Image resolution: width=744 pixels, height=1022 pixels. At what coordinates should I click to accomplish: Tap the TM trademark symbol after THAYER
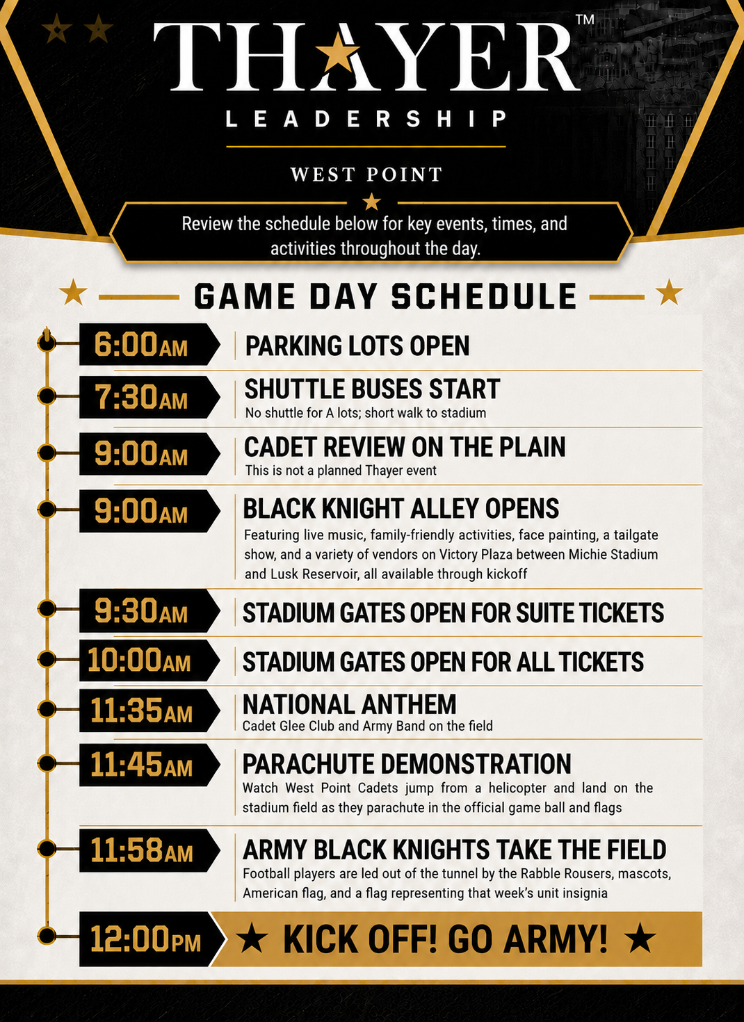(x=585, y=19)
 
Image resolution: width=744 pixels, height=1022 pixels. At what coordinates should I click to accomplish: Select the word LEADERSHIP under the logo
(x=366, y=119)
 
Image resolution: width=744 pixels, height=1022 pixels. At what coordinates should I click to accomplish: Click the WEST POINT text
(x=366, y=175)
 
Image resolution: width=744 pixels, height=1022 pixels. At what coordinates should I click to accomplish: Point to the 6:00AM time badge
(x=149, y=344)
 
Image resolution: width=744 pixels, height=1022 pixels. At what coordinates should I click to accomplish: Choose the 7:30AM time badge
(x=149, y=397)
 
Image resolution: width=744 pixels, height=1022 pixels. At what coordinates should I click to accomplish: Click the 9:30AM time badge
(x=149, y=610)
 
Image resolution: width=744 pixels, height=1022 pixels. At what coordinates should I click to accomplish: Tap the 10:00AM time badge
(x=149, y=660)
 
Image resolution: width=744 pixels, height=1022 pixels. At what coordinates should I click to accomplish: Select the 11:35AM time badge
(x=149, y=711)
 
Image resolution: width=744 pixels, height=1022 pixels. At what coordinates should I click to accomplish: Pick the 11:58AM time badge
(x=149, y=850)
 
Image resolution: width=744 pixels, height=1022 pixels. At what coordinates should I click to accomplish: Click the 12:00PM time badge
(x=151, y=939)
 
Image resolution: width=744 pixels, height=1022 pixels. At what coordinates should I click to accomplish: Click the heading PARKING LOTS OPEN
(x=357, y=346)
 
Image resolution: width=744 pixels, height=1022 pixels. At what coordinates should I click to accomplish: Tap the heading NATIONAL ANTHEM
(x=349, y=704)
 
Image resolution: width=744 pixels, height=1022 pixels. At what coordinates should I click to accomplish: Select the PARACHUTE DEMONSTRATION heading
(x=407, y=764)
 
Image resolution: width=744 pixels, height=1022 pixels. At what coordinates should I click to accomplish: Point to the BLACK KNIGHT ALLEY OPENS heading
(x=401, y=508)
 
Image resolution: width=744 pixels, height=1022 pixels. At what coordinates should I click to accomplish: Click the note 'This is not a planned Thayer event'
(x=341, y=471)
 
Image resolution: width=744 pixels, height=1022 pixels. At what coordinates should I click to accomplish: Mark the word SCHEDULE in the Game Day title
(x=484, y=297)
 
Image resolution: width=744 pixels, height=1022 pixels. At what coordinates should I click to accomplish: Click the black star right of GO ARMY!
(x=640, y=938)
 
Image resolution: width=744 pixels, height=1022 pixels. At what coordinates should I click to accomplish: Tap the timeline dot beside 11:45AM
(x=46, y=763)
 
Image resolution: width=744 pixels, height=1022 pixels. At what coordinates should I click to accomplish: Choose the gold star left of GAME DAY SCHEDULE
(x=73, y=292)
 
